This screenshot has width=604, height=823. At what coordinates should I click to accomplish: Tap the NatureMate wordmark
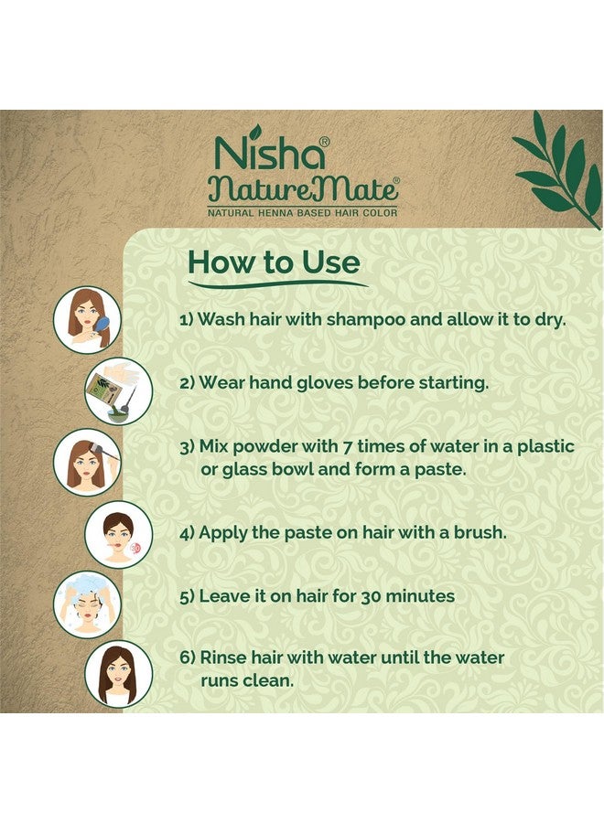pos(303,188)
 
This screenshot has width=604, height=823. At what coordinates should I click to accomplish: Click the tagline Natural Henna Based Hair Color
pos(303,212)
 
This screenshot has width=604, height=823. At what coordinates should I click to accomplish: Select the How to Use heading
pos(274,262)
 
